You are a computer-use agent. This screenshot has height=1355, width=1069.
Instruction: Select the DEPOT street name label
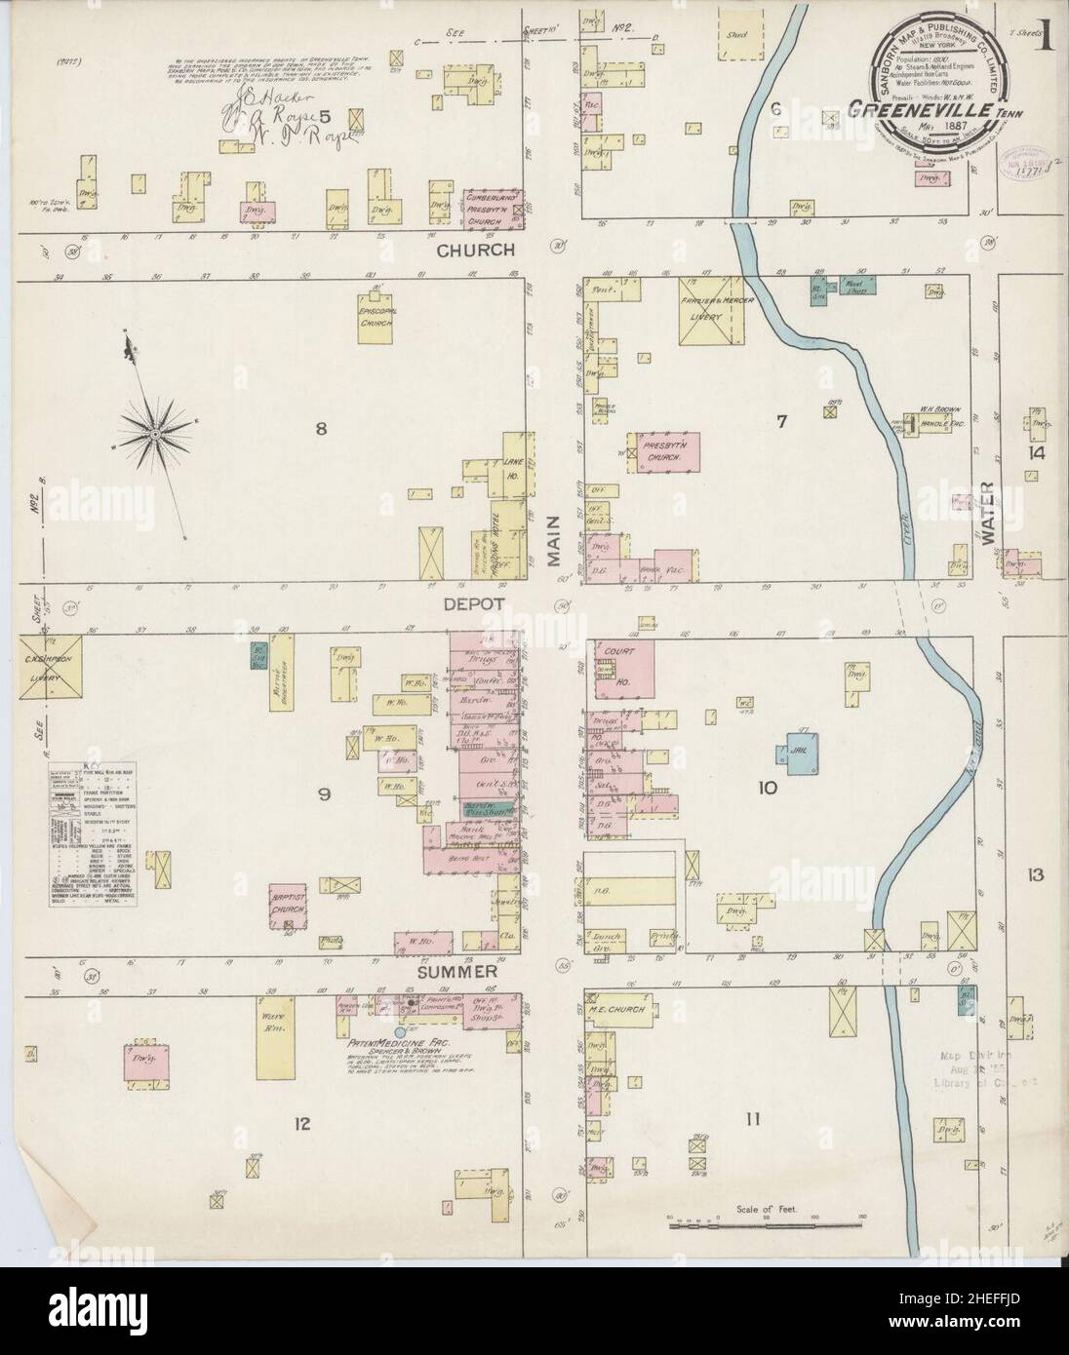[x=476, y=604]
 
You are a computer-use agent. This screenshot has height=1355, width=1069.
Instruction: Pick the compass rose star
[x=156, y=429]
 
